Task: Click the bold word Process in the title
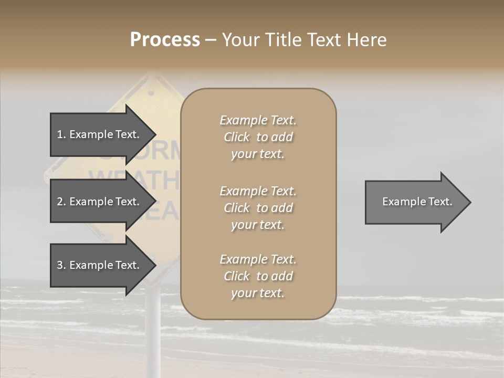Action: [x=165, y=40]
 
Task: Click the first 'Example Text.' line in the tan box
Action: [x=258, y=120]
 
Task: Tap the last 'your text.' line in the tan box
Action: [x=258, y=293]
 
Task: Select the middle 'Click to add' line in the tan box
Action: [x=258, y=208]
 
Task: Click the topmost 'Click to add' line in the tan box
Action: [x=258, y=137]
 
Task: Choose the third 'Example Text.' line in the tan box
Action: [x=258, y=259]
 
